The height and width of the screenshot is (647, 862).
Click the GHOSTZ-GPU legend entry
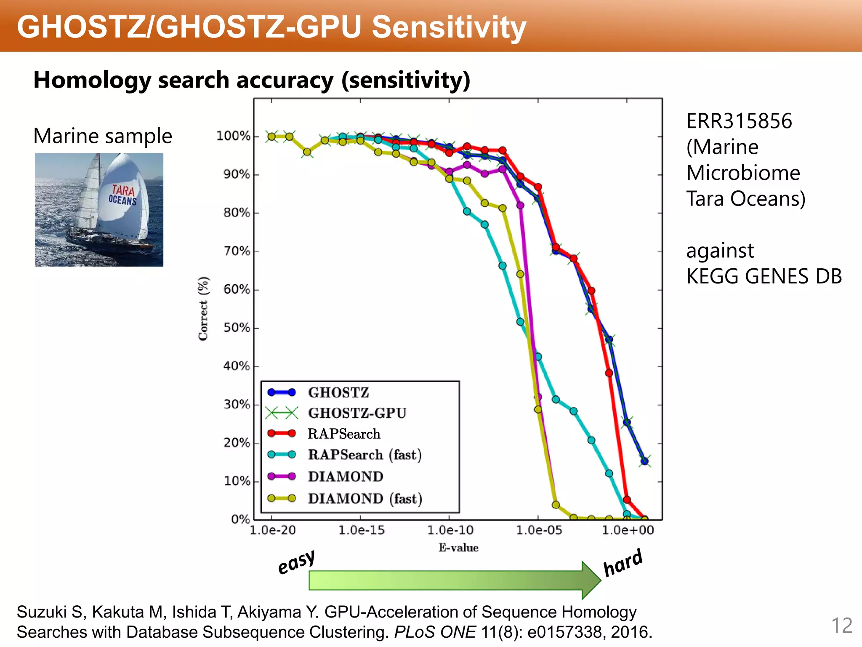pyautogui.click(x=357, y=413)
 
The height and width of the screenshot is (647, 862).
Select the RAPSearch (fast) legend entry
pyautogui.click(x=364, y=455)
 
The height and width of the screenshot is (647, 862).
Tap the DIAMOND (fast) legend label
pyautogui.click(x=365, y=499)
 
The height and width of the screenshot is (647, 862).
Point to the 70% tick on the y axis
pyautogui.click(x=237, y=251)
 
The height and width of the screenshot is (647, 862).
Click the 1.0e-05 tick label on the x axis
pyautogui.click(x=539, y=530)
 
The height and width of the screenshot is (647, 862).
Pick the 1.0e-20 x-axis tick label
pyautogui.click(x=273, y=530)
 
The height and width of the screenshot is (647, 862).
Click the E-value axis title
pyautogui.click(x=458, y=548)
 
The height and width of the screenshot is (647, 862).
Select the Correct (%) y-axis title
pyautogui.click(x=203, y=309)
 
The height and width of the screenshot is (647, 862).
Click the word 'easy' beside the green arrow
pyautogui.click(x=296, y=562)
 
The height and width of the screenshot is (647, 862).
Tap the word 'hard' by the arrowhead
pyautogui.click(x=623, y=563)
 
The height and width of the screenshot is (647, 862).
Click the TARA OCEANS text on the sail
pyautogui.click(x=122, y=195)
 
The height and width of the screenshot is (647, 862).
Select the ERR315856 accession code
pyautogui.click(x=739, y=121)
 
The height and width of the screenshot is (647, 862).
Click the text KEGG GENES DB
pyautogui.click(x=764, y=277)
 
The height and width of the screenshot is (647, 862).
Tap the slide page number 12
pyautogui.click(x=841, y=626)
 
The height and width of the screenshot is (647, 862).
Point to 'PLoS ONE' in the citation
pyautogui.click(x=434, y=632)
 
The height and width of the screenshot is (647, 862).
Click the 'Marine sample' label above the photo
pyautogui.click(x=103, y=136)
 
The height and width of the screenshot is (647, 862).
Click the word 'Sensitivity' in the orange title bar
pyautogui.click(x=449, y=27)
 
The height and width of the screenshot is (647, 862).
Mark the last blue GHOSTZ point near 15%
pyautogui.click(x=644, y=461)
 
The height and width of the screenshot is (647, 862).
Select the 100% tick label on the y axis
pyautogui.click(x=233, y=136)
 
